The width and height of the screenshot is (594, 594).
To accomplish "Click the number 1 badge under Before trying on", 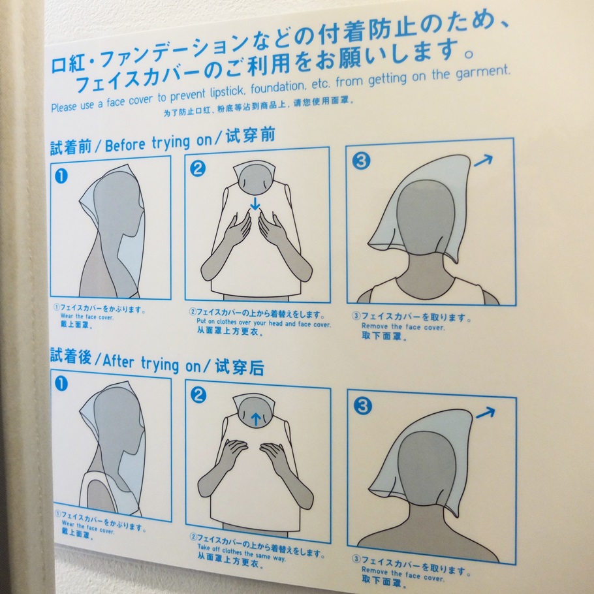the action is tap(61, 176).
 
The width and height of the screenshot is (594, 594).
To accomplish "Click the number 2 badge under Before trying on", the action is tap(197, 168).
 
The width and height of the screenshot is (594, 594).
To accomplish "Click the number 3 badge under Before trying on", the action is tap(360, 161).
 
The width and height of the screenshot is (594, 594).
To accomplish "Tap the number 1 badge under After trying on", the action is tap(61, 383).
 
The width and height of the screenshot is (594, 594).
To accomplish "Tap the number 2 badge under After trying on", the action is tap(198, 395).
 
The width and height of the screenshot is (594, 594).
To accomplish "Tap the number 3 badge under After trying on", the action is tap(362, 405).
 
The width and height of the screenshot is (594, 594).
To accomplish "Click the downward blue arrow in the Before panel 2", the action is tap(255, 204).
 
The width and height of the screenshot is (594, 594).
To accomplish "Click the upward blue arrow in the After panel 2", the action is tap(256, 418).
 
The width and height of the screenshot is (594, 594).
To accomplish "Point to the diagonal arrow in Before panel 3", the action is tap(484, 161).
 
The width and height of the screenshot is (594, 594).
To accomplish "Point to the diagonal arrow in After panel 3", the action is tap(485, 413).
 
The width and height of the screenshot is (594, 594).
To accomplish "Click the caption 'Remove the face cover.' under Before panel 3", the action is tap(403, 326).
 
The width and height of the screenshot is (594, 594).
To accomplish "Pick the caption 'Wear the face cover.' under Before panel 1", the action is tap(87, 317).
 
